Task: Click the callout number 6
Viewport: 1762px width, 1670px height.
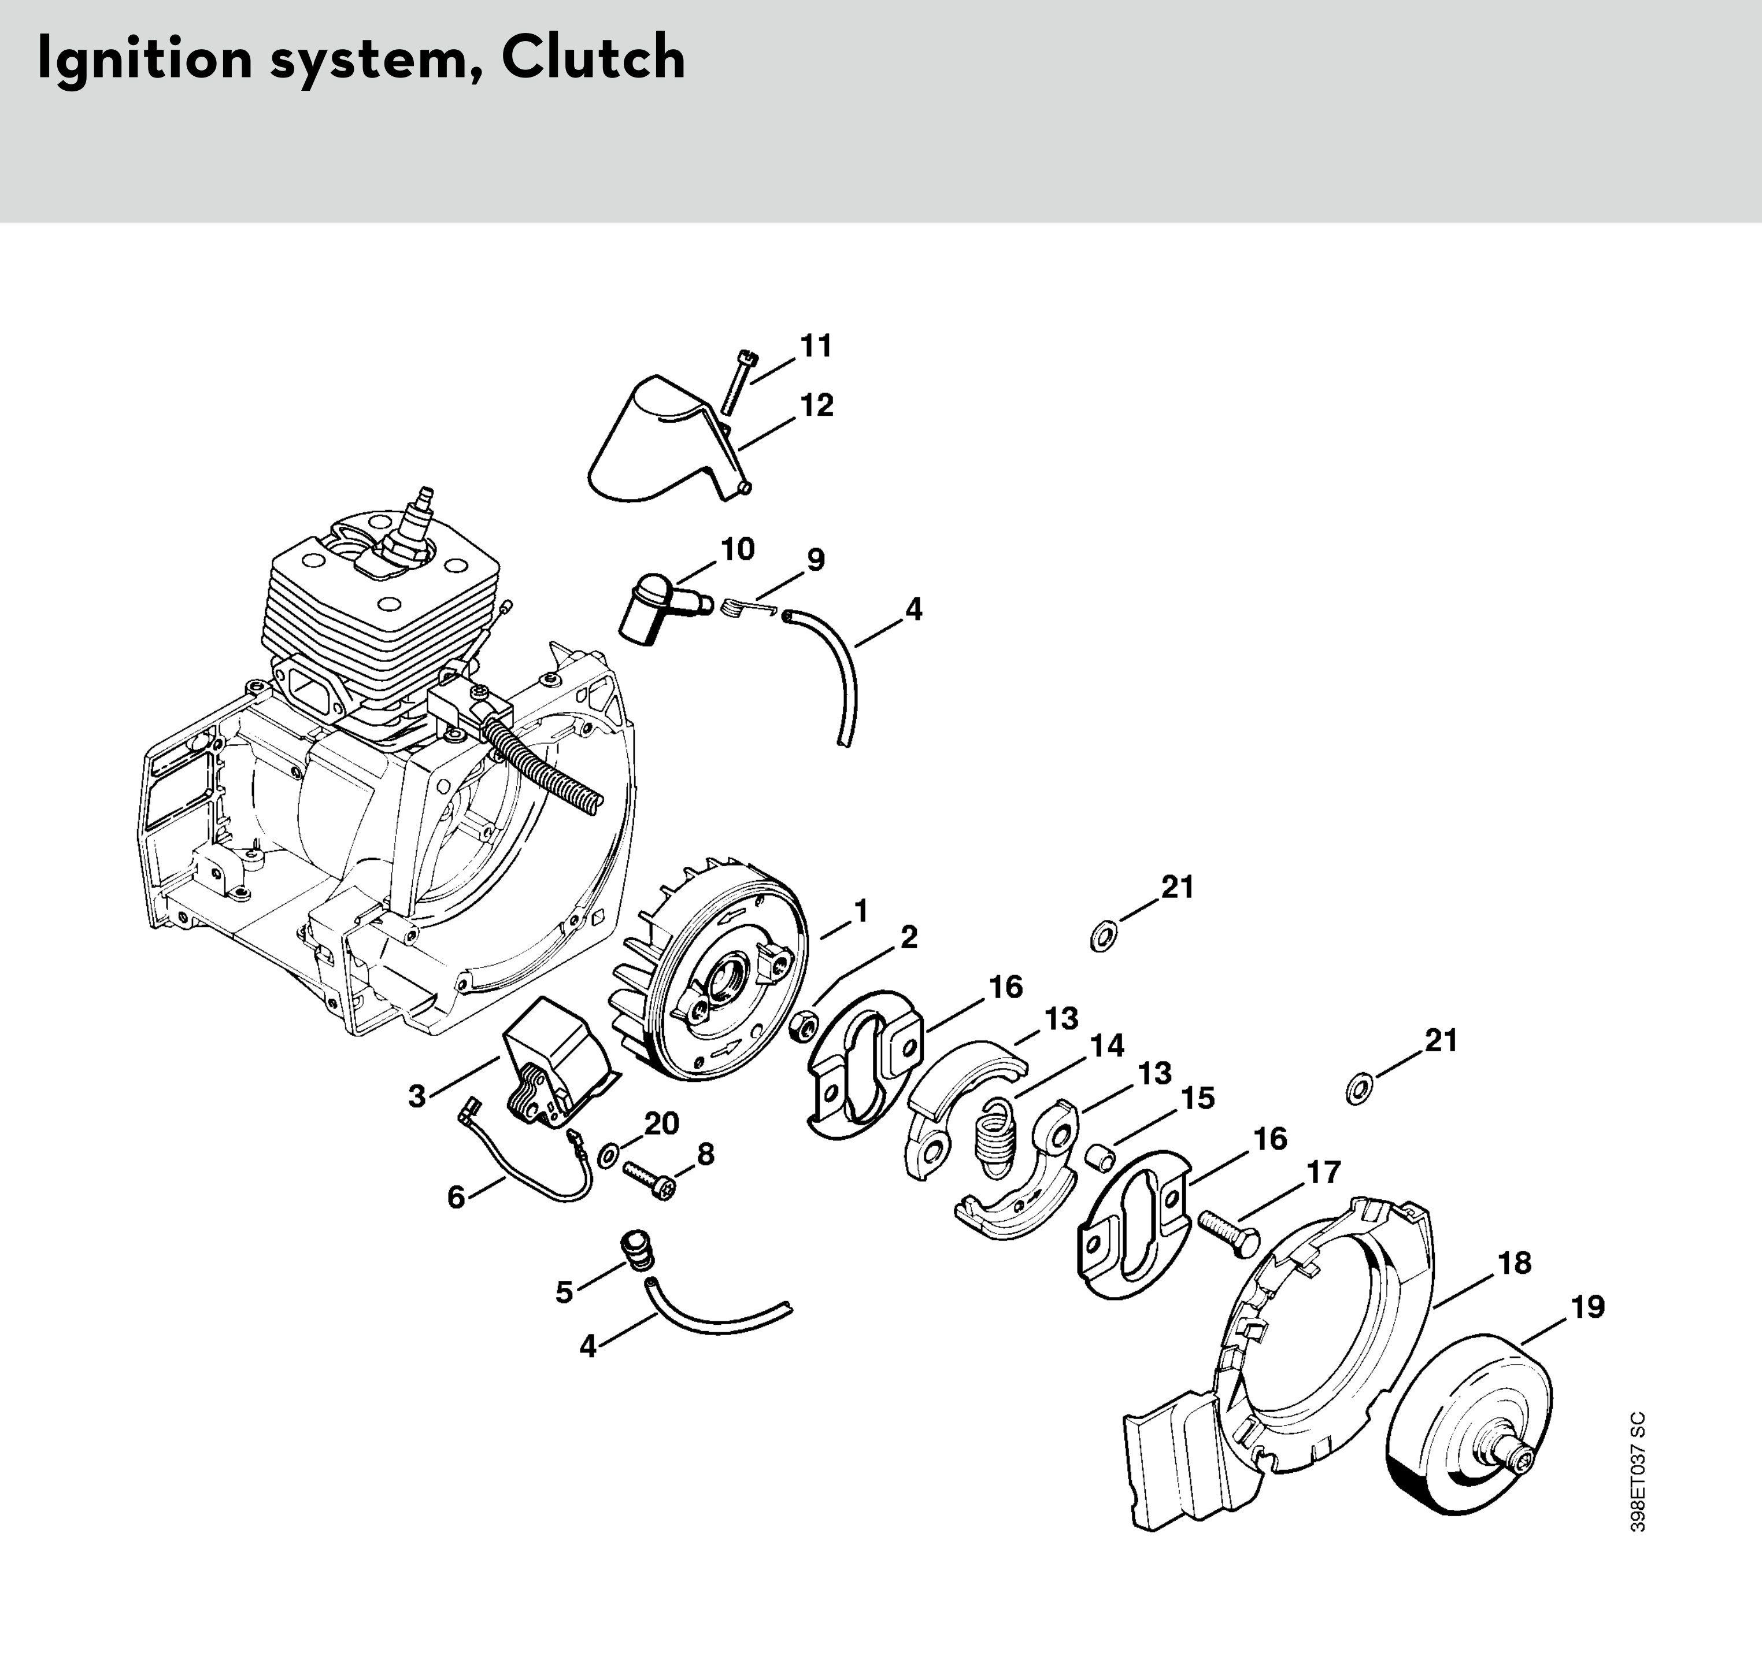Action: point(456,1198)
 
